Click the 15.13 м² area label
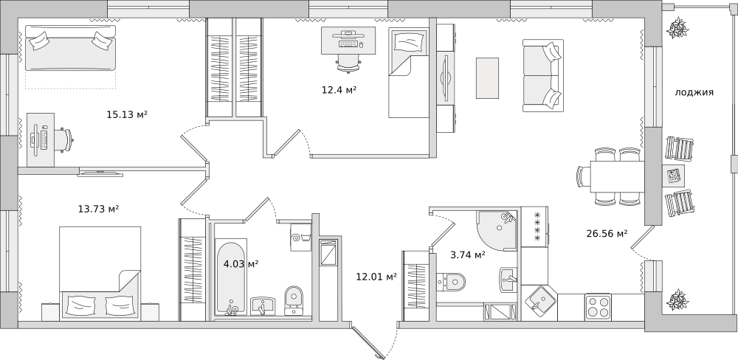point(127,114)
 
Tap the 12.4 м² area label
point(339,89)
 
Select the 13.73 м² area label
point(98,209)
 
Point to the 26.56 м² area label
point(607,233)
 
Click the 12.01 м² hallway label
point(376,277)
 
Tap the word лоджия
point(694,93)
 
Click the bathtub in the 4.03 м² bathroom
point(230,277)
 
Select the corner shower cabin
point(497,231)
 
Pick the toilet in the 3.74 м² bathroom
point(451,283)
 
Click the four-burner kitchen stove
point(598,308)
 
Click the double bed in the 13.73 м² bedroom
point(100,273)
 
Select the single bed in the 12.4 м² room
point(409,72)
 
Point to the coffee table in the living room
point(487,78)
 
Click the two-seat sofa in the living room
point(542,76)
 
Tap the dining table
point(617,176)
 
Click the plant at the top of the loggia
point(677,27)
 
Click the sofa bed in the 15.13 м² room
point(70,48)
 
